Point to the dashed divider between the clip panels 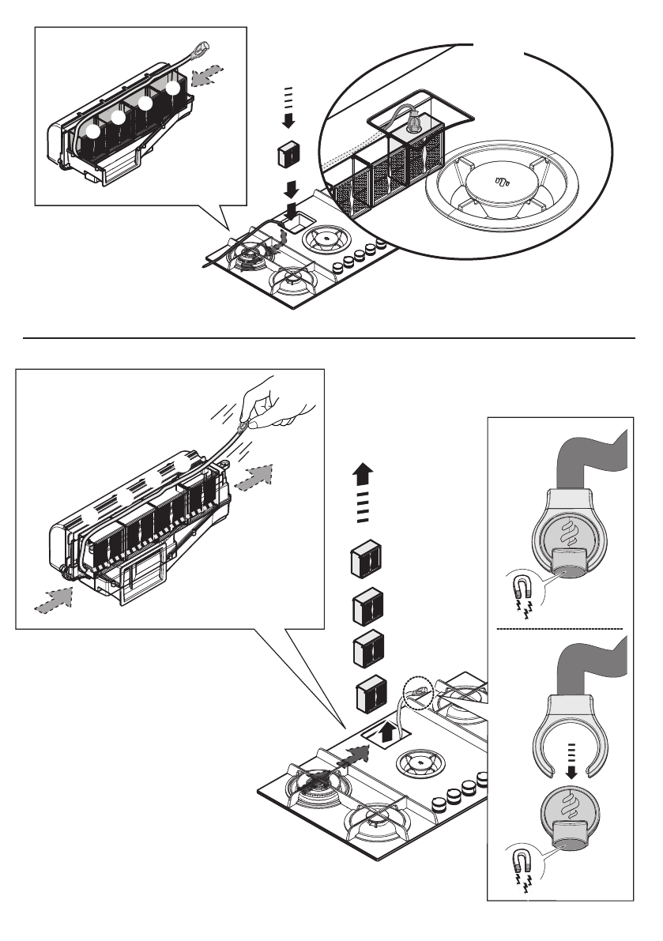[x=560, y=628]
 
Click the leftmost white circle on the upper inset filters [x=93, y=134]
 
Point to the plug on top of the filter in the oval [x=411, y=124]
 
